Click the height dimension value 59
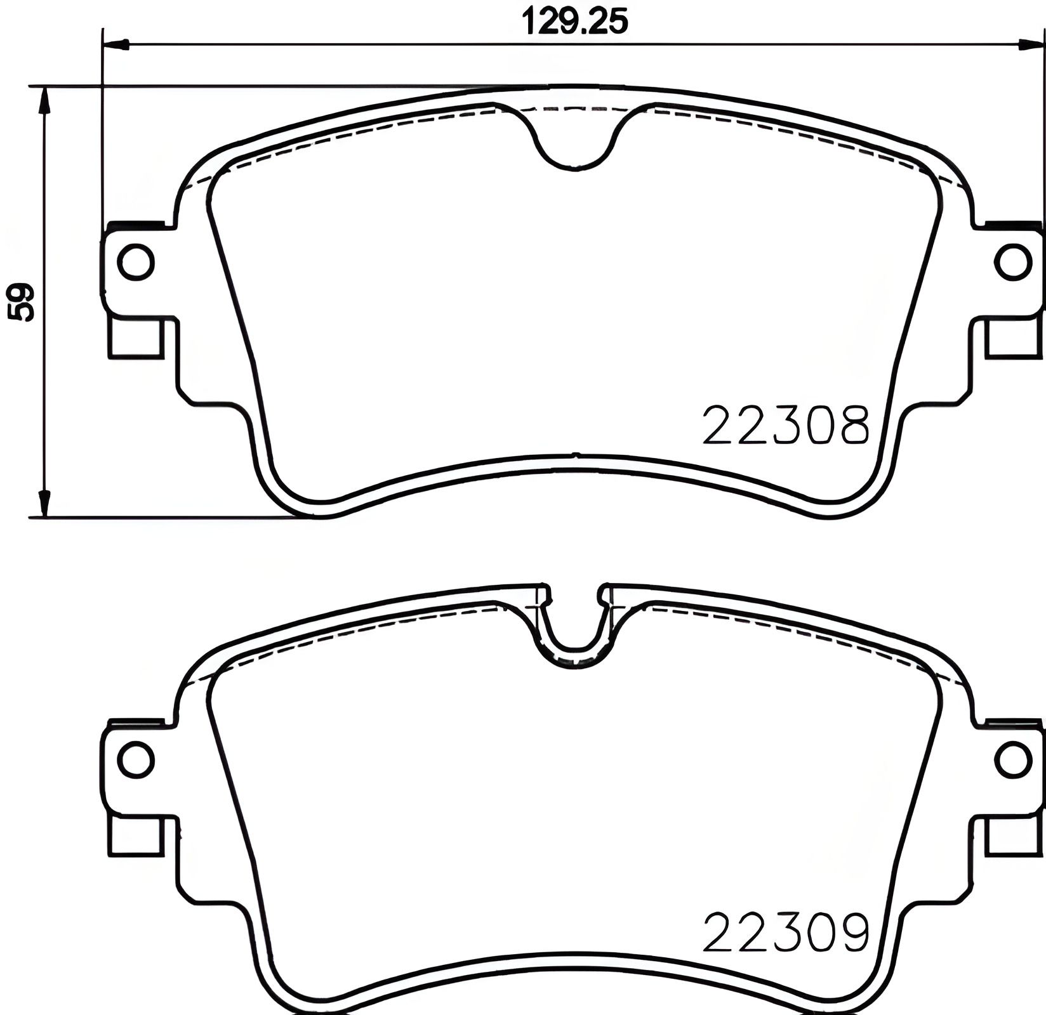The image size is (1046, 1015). tap(22, 303)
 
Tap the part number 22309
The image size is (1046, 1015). tap(785, 932)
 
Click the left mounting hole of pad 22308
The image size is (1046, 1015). tap(136, 262)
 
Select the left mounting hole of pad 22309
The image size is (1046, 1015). tap(136, 759)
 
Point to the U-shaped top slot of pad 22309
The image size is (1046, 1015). tap(574, 628)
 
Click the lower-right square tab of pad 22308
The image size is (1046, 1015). tap(1013, 337)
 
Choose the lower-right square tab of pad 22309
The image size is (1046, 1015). tap(1013, 835)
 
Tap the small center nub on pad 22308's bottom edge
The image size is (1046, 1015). tap(575, 454)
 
